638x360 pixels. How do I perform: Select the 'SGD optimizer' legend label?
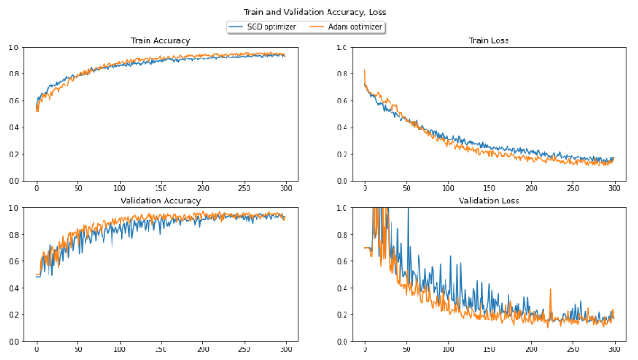click(272, 28)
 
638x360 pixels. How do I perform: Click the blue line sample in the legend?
click(238, 28)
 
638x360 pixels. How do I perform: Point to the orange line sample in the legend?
click(317, 28)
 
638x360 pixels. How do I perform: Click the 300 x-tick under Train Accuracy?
click(285, 190)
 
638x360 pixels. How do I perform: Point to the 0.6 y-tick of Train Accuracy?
click(13, 101)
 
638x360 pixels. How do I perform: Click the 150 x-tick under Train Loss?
click(489, 190)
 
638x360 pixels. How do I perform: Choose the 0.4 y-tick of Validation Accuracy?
click(13, 288)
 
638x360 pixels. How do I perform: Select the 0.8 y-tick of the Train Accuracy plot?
click(13, 74)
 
